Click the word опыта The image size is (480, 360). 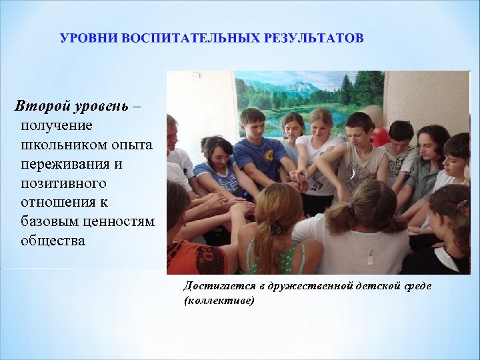(x=132, y=145)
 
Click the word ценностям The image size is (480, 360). (x=121, y=221)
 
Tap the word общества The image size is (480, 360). (x=53, y=240)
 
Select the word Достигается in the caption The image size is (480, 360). (x=218, y=286)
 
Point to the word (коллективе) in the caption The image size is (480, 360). (x=218, y=300)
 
